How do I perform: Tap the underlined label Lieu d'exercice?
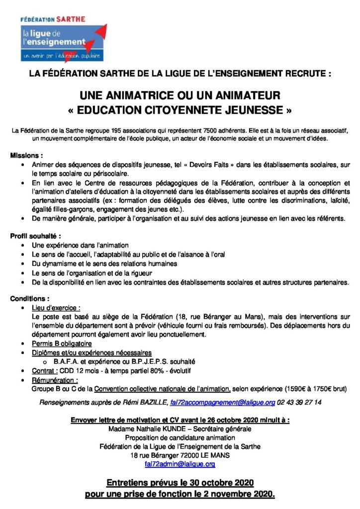click(56, 308)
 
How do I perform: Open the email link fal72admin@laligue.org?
click(180, 464)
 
